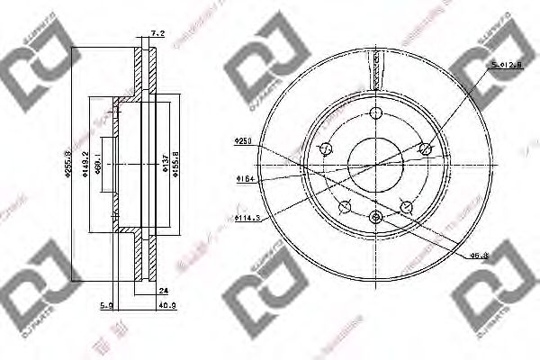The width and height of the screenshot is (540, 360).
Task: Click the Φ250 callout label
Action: click(241, 140)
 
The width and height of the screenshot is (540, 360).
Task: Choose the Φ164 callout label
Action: click(242, 179)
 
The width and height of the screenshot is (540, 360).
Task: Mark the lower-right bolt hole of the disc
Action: click(407, 206)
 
